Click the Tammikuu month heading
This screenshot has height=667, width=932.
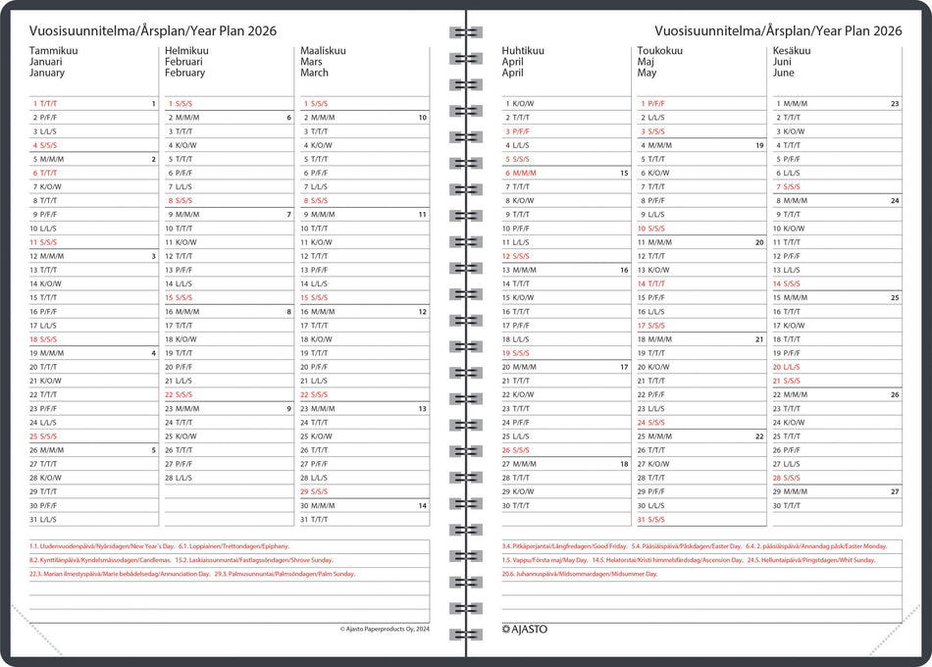pos(54,50)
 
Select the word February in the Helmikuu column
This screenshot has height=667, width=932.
pos(185,73)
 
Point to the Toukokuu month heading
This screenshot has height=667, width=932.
pos(660,50)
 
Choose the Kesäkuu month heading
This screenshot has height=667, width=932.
pos(792,50)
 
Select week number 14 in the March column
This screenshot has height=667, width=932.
pos(422,506)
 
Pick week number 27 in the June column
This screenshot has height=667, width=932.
pos(894,491)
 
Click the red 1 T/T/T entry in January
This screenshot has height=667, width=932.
pos(45,103)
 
